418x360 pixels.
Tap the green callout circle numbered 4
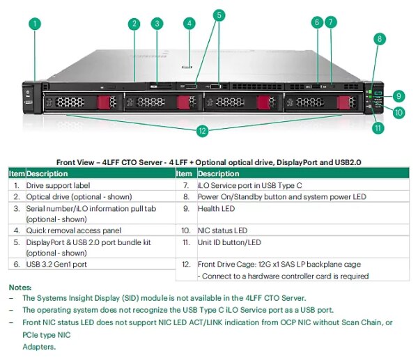click(x=189, y=23)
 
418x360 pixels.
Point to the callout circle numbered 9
click(x=398, y=96)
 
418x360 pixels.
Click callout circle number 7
click(x=331, y=22)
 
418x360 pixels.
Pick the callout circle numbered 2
click(x=134, y=24)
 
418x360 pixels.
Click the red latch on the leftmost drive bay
click(x=104, y=103)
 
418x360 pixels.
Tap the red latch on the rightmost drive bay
click(x=342, y=103)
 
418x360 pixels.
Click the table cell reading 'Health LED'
click(x=216, y=208)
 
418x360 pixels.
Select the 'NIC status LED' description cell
click(x=222, y=230)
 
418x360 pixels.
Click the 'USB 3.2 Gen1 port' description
click(x=56, y=265)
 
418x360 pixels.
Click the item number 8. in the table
click(x=185, y=197)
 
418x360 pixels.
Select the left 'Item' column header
click(x=16, y=173)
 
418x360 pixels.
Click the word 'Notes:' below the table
click(x=20, y=287)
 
